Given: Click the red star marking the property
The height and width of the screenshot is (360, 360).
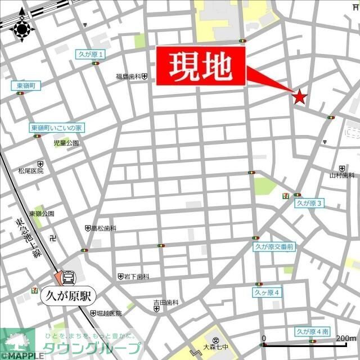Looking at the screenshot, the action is tap(299, 97).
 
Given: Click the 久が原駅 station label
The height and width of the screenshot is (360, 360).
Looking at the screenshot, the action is tap(69, 295).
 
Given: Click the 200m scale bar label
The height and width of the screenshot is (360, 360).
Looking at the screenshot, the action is tap(344, 338).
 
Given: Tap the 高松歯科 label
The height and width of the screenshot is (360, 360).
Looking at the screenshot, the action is tap(104, 228).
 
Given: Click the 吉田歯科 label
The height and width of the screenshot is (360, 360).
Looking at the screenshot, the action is tap(166, 303).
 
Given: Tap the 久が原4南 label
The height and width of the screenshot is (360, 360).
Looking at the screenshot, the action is tap(311, 332).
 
